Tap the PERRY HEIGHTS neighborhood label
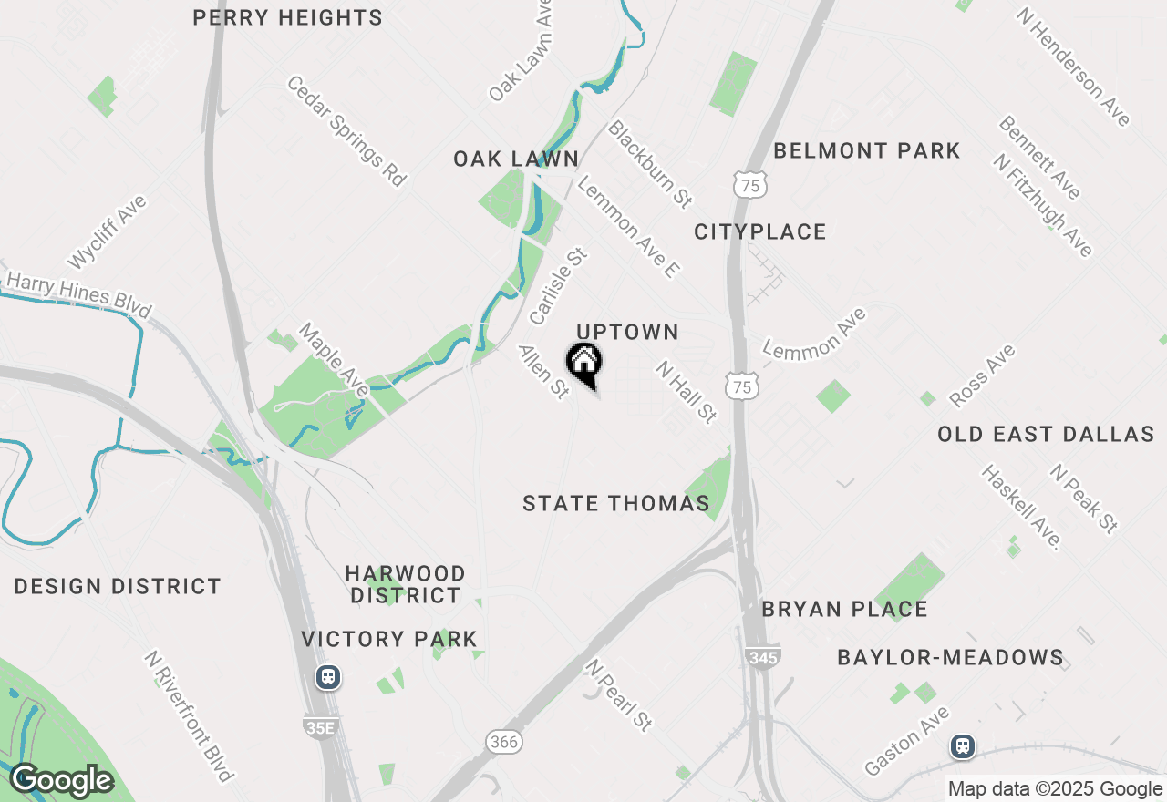pyautogui.click(x=287, y=17)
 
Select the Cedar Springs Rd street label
pyautogui.click(x=346, y=131)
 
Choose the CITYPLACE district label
pyautogui.click(x=759, y=231)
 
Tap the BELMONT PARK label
pyautogui.click(x=866, y=150)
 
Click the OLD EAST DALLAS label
pyautogui.click(x=1046, y=434)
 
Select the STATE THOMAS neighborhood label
pyautogui.click(x=615, y=503)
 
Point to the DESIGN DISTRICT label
pyautogui.click(x=118, y=586)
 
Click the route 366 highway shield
pyautogui.click(x=503, y=742)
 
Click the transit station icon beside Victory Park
pyautogui.click(x=327, y=677)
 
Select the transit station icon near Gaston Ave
pyautogui.click(x=962, y=746)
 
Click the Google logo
pyautogui.click(x=61, y=780)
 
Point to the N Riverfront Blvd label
pyautogui.click(x=190, y=716)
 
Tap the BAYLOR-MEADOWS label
pyautogui.click(x=950, y=657)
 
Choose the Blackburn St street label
pyautogui.click(x=650, y=163)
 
